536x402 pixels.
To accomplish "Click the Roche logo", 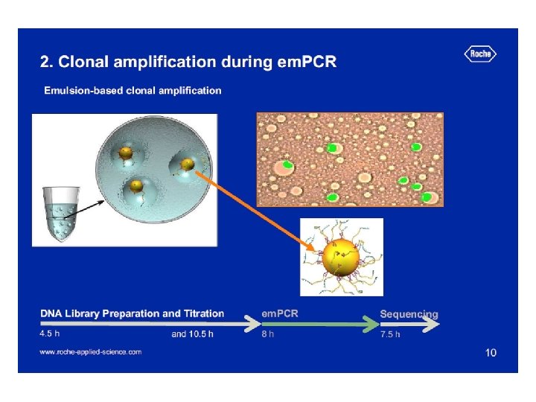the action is click(x=480, y=54).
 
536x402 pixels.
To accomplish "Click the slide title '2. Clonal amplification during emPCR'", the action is click(x=188, y=62).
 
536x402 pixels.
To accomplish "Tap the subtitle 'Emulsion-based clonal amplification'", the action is click(x=133, y=91).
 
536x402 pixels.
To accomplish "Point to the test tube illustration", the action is click(x=61, y=213).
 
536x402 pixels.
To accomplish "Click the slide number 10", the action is click(x=490, y=352).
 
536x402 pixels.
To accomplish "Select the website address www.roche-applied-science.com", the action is click(x=90, y=351).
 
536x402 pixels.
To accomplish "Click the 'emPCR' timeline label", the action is click(x=280, y=313).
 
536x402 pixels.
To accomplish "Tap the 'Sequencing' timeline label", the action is click(x=409, y=314).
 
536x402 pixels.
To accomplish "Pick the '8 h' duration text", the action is click(x=267, y=334).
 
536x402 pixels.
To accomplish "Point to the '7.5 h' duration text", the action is click(x=390, y=334).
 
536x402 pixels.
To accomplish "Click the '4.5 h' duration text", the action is click(x=50, y=334).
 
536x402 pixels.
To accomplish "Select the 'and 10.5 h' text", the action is click(x=192, y=334).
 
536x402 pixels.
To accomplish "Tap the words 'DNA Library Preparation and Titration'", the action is click(x=132, y=313).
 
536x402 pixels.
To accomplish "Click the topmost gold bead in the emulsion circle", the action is click(x=126, y=153).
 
